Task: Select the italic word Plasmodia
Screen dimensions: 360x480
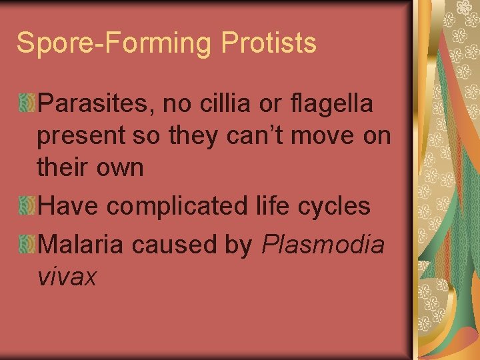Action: tap(323, 245)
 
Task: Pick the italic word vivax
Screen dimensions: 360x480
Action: tap(67, 277)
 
